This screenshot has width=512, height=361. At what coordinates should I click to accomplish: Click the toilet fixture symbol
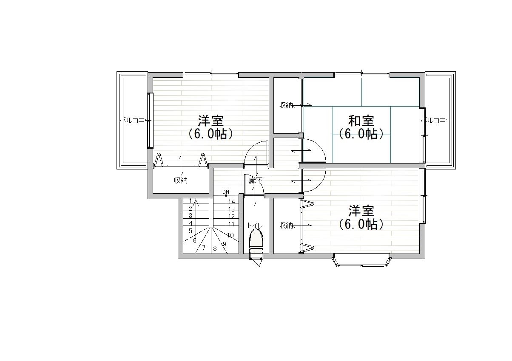[256, 244]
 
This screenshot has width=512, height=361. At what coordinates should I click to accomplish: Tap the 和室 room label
[361, 121]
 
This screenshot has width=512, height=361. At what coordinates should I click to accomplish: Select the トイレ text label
[255, 226]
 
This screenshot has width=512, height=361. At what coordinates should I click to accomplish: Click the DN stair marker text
[226, 192]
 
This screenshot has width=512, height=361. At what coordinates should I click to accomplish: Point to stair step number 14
[231, 201]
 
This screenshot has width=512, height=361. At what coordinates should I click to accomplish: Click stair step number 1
[191, 201]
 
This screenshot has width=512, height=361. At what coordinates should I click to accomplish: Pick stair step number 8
[215, 248]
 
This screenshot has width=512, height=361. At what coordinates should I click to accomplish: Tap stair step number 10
[230, 235]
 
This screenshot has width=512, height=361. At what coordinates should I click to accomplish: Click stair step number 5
[191, 231]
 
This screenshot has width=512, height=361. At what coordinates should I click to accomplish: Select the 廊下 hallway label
[255, 181]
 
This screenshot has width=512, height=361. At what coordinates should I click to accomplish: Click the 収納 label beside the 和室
[286, 105]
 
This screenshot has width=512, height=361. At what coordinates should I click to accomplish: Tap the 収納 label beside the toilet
[286, 226]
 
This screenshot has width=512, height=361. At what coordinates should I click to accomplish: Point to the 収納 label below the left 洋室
[181, 180]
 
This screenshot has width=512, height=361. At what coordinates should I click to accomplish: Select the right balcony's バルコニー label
[436, 120]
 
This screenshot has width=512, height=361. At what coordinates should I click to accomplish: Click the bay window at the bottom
[361, 260]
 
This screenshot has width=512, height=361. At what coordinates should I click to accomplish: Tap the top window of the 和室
[361, 75]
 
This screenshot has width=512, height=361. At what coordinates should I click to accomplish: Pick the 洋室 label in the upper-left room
[210, 121]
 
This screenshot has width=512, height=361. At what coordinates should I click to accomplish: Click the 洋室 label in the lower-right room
[361, 211]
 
